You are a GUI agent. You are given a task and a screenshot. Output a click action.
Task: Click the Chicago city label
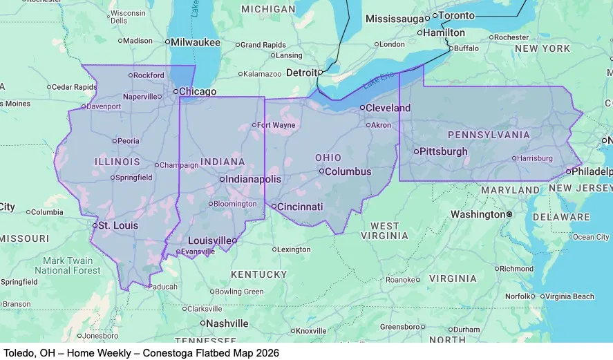[x=198, y=91]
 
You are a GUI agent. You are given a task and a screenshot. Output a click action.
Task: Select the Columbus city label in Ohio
[x=348, y=171]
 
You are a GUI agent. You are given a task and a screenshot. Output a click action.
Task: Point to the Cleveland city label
[x=388, y=108]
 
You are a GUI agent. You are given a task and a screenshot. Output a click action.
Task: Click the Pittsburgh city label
[x=444, y=151]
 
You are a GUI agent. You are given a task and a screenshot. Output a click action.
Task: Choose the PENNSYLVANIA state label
[x=489, y=135]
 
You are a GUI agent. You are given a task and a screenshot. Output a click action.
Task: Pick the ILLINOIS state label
[x=117, y=162]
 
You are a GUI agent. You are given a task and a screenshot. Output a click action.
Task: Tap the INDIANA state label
[x=223, y=162]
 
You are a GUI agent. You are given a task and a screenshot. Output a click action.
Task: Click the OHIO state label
[x=328, y=158]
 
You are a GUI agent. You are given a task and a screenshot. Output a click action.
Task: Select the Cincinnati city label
[x=301, y=207]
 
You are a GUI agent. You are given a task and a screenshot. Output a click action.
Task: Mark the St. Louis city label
[x=117, y=225]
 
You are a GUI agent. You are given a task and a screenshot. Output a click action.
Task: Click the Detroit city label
[x=303, y=73]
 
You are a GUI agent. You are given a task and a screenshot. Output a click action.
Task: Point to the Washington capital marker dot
[x=509, y=215]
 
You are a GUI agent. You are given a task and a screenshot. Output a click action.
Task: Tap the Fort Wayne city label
[x=276, y=125]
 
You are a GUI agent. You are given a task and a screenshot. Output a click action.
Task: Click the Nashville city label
[x=227, y=323]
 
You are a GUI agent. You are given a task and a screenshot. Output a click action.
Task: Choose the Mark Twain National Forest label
[x=67, y=265]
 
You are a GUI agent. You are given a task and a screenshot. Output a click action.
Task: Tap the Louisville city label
[x=209, y=240]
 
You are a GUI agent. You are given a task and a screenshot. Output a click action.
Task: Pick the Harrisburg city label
[x=535, y=158]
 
